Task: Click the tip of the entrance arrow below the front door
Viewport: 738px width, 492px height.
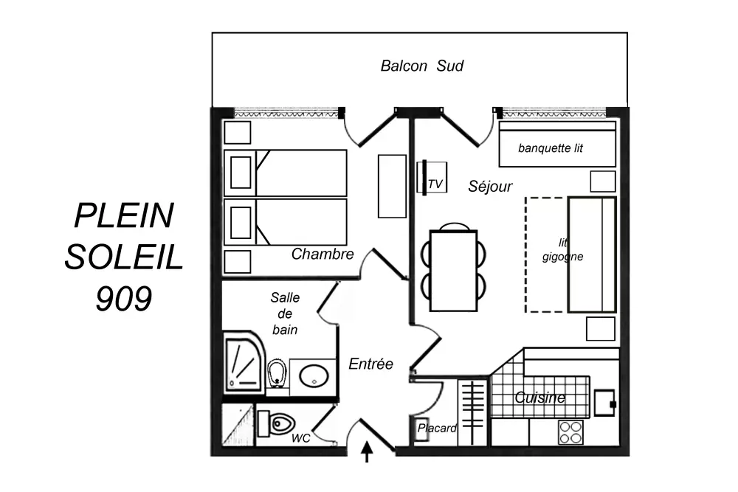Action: point(367,442)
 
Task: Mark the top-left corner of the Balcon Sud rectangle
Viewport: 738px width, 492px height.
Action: point(213,32)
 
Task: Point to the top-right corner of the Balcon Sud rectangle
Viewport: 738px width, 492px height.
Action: point(627,32)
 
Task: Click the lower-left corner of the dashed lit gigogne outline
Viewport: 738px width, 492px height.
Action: point(525,311)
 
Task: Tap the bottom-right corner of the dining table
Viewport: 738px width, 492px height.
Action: point(477,311)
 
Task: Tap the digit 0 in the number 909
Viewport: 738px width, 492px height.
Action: point(124,299)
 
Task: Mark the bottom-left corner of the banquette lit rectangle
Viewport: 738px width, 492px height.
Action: point(500,166)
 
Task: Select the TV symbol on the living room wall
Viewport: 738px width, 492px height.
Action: point(432,177)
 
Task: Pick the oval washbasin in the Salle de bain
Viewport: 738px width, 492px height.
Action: point(314,377)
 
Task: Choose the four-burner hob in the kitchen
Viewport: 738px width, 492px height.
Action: point(571,432)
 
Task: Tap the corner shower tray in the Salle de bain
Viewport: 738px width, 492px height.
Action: point(244,361)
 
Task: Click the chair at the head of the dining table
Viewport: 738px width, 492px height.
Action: point(454,226)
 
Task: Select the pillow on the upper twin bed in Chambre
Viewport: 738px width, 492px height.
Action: point(241,173)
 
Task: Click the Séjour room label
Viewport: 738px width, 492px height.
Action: point(490,187)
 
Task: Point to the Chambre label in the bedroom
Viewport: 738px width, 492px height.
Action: point(323,254)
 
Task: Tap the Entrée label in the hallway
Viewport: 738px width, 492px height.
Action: point(371,364)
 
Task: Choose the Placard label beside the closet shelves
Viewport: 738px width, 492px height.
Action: point(437,428)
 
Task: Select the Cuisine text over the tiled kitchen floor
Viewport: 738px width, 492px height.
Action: point(540,398)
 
